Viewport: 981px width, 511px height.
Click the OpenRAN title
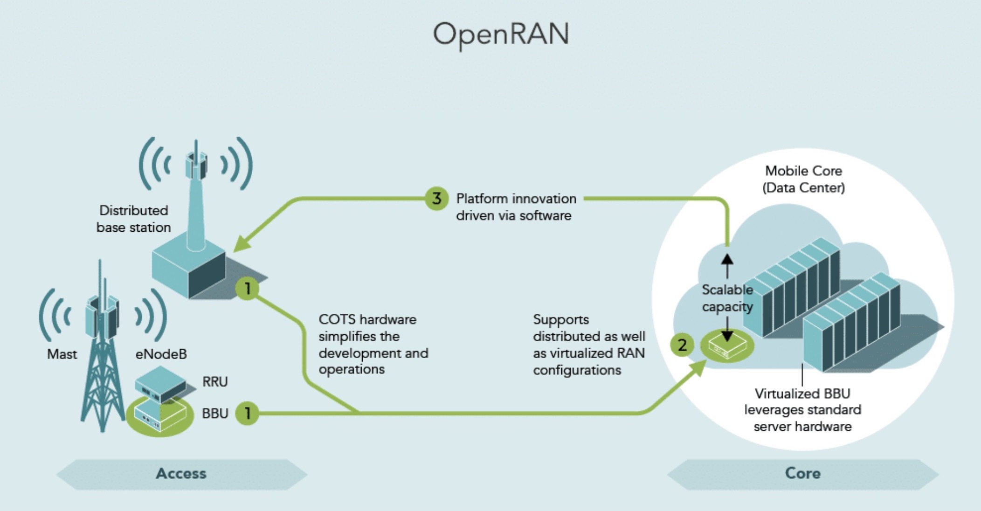(501, 34)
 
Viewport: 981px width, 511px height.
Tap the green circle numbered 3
(436, 199)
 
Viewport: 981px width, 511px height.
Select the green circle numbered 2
(682, 345)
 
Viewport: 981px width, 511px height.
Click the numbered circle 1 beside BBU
(247, 413)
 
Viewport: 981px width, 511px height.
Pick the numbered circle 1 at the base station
(247, 289)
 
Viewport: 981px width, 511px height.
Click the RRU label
(215, 382)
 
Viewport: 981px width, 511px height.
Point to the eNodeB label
(161, 354)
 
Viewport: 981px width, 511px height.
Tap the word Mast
(62, 354)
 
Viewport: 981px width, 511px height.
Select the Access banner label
(181, 474)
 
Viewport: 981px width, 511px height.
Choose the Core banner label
(802, 473)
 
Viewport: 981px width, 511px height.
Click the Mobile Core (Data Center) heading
(803, 180)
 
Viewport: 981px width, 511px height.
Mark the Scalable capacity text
(727, 298)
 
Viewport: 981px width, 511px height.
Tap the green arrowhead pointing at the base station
(242, 244)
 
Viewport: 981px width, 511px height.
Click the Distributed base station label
(133, 219)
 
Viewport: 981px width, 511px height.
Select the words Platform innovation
(516, 199)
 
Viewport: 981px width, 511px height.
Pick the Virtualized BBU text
(802, 394)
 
